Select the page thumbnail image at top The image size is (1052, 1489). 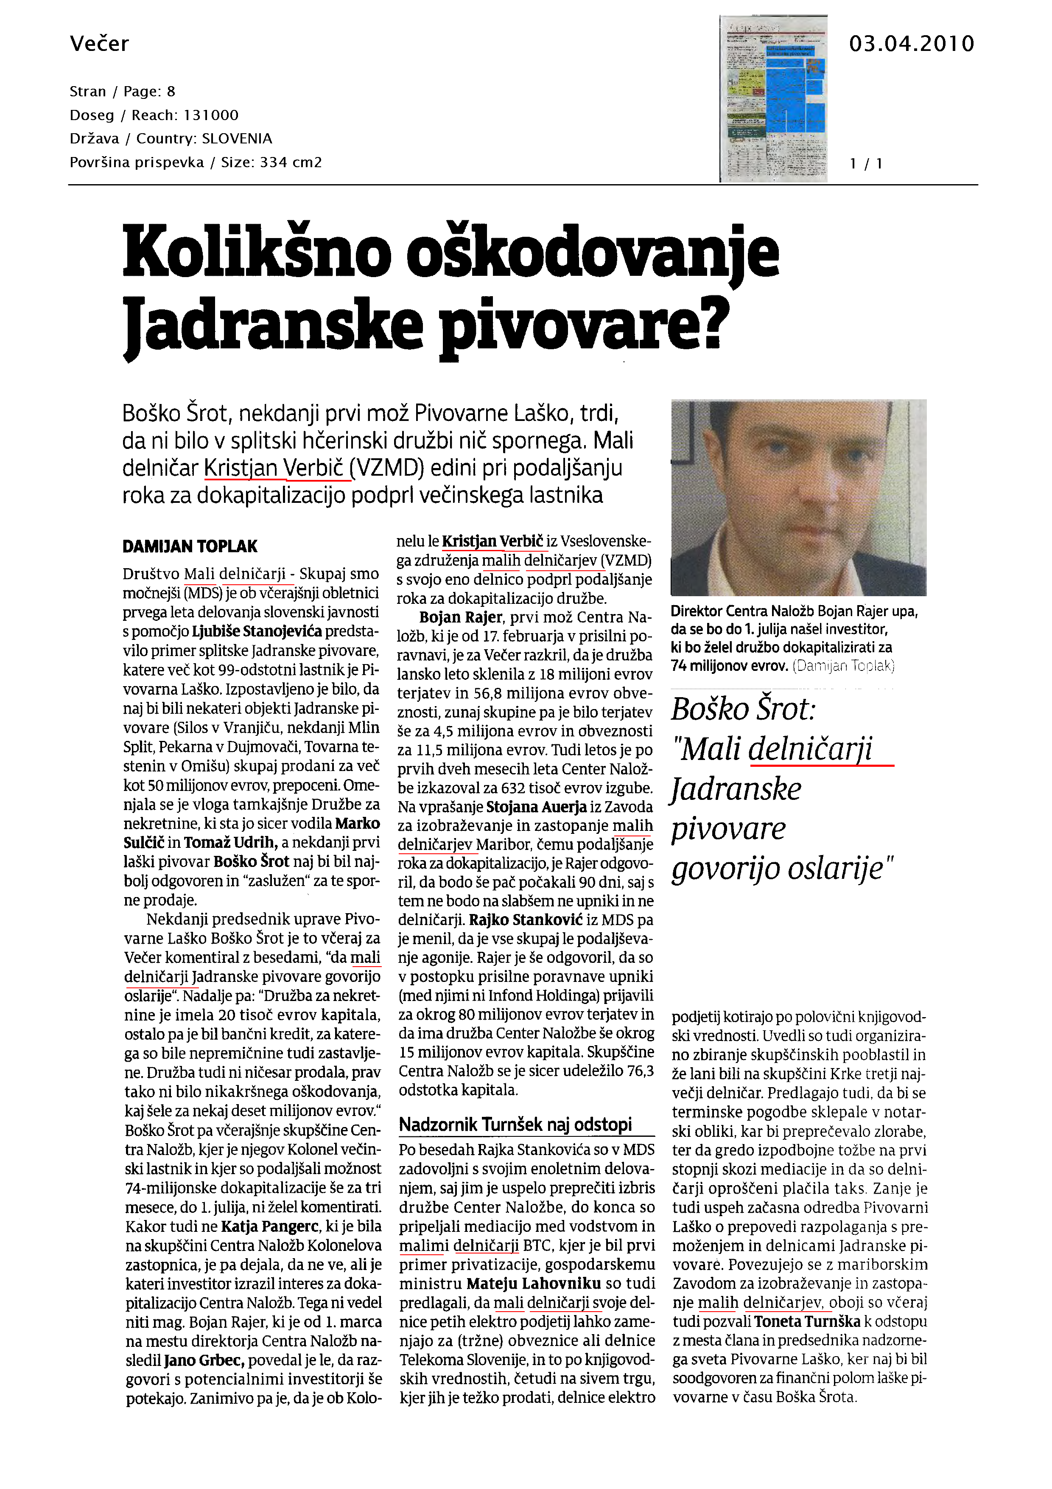[773, 98]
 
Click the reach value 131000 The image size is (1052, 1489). [211, 115]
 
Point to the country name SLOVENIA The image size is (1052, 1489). [237, 139]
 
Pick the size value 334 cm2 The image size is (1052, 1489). [291, 162]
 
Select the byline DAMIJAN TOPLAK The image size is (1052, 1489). [190, 547]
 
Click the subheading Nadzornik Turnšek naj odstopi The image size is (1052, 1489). [515, 1124]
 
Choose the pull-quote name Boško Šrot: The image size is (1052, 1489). [743, 709]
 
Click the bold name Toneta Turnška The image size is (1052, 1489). [807, 1321]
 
